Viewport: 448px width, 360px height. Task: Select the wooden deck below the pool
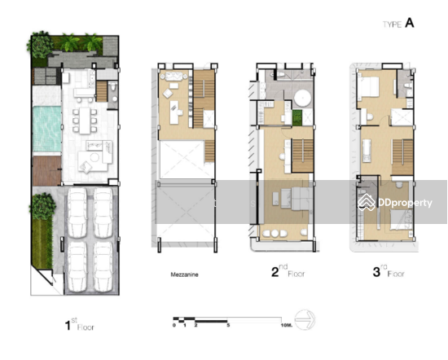coord(46,170)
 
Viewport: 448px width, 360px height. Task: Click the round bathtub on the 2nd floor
coord(303,99)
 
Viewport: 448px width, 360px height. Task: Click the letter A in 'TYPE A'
coord(410,24)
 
